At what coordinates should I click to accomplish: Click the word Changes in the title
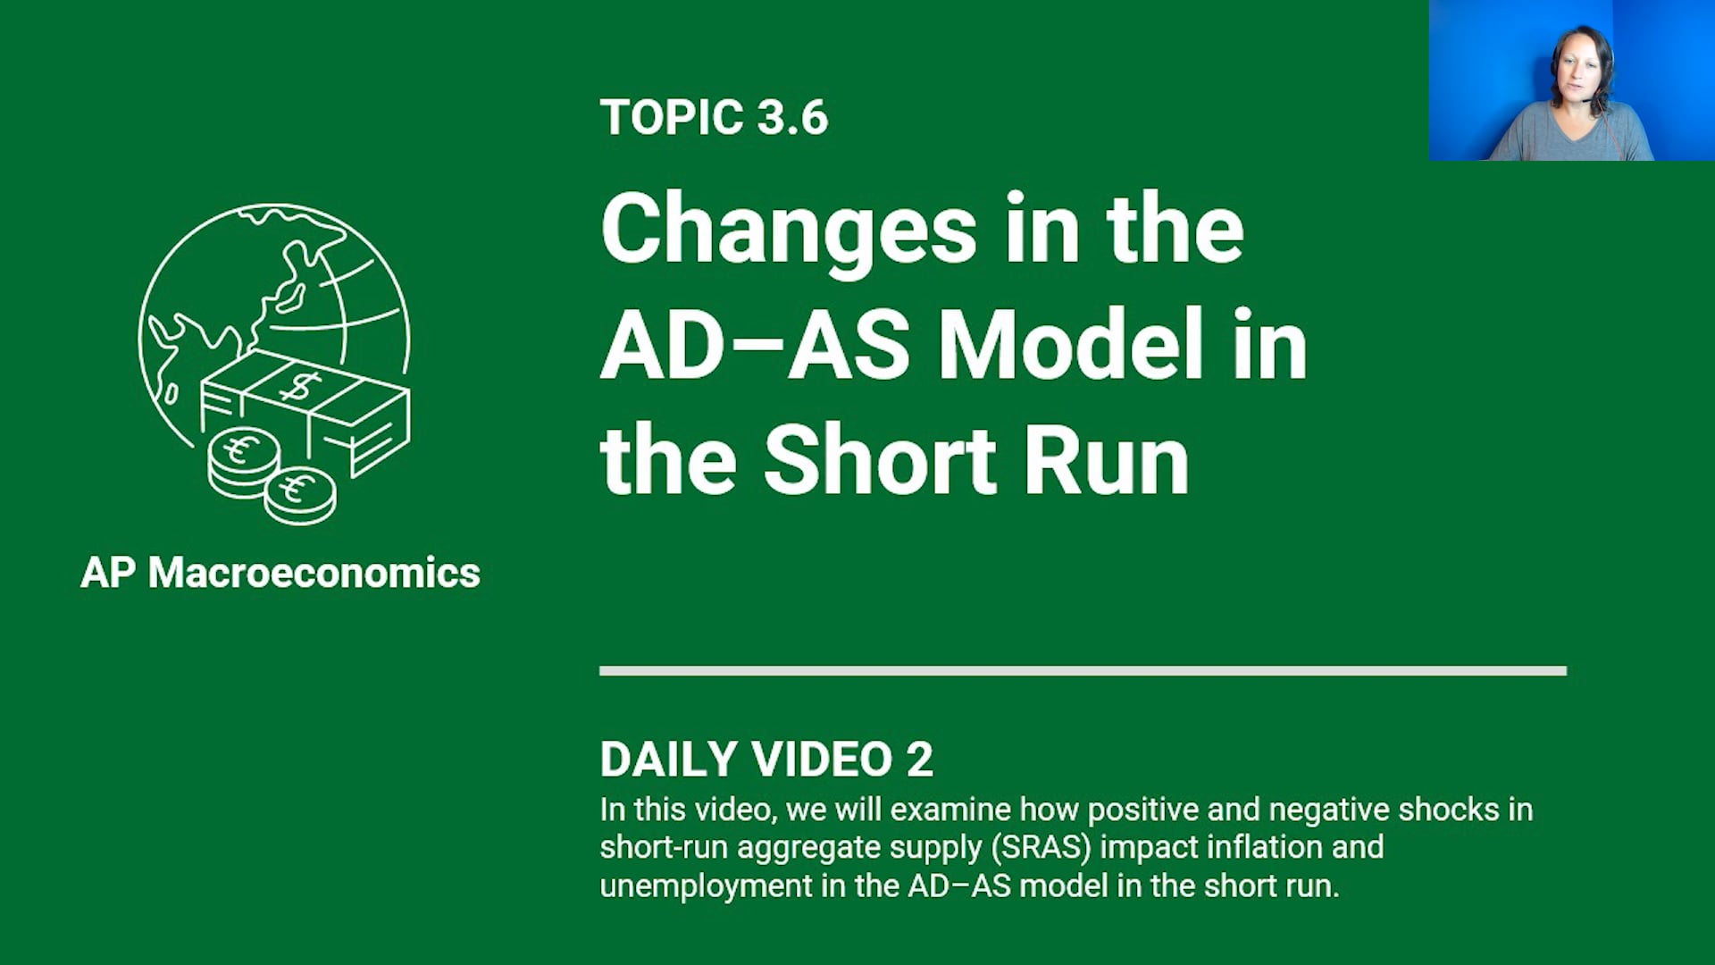[789, 231]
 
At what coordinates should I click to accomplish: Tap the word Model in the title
[1070, 346]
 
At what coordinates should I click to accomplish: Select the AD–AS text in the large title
[755, 346]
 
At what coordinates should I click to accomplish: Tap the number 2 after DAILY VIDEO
[919, 759]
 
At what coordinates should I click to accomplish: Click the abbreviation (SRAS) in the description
[1041, 847]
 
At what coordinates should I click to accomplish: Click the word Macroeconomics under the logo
[314, 573]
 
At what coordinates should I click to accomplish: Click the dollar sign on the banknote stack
[299, 387]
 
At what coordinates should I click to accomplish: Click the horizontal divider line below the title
[1083, 671]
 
